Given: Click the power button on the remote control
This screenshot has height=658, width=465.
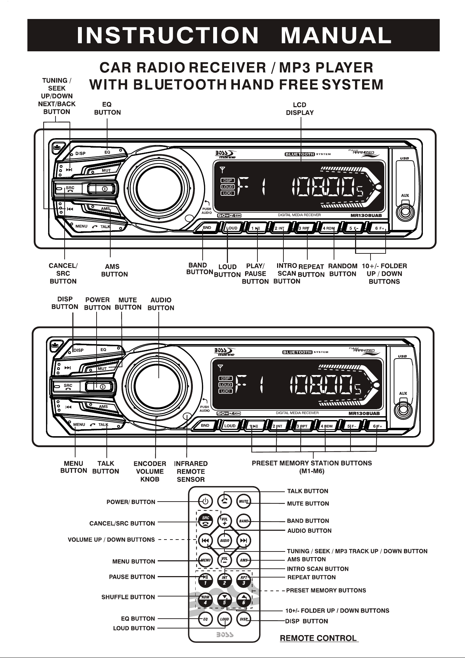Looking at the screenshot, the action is [205, 501].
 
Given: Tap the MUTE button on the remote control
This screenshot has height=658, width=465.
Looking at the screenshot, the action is [244, 501].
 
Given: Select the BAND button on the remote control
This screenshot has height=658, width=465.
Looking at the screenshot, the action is [244, 521].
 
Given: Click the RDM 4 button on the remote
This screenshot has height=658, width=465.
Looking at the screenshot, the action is [205, 600].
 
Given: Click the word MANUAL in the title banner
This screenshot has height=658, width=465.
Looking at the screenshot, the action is [336, 35].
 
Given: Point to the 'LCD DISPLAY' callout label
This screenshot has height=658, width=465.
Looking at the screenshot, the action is [300, 109].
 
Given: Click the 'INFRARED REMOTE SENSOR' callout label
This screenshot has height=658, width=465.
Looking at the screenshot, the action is [191, 471].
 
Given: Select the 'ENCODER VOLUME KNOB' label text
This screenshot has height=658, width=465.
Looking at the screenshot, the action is [150, 471].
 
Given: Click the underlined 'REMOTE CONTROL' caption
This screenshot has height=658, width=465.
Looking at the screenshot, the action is [319, 638].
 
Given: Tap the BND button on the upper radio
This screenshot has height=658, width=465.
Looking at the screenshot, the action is [207, 228].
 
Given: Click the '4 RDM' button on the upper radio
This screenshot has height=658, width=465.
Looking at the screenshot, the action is [329, 228].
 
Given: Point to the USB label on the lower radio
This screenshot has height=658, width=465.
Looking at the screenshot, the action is [402, 356].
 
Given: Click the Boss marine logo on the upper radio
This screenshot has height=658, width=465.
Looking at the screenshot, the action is [225, 155].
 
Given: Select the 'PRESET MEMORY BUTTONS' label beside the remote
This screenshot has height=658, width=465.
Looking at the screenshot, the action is [326, 591].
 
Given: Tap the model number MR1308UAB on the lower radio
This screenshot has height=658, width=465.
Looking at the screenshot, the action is [364, 413].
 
